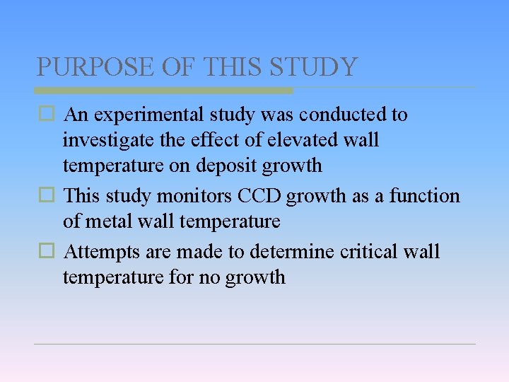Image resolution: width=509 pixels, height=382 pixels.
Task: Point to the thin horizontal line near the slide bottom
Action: point(255,345)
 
